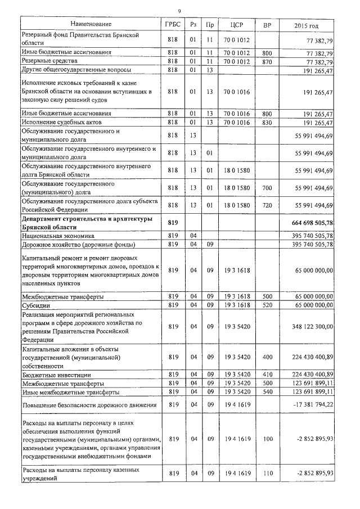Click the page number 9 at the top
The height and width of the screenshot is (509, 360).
pyautogui.click(x=179, y=11)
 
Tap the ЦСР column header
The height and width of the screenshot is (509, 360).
pyautogui.click(x=236, y=25)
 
